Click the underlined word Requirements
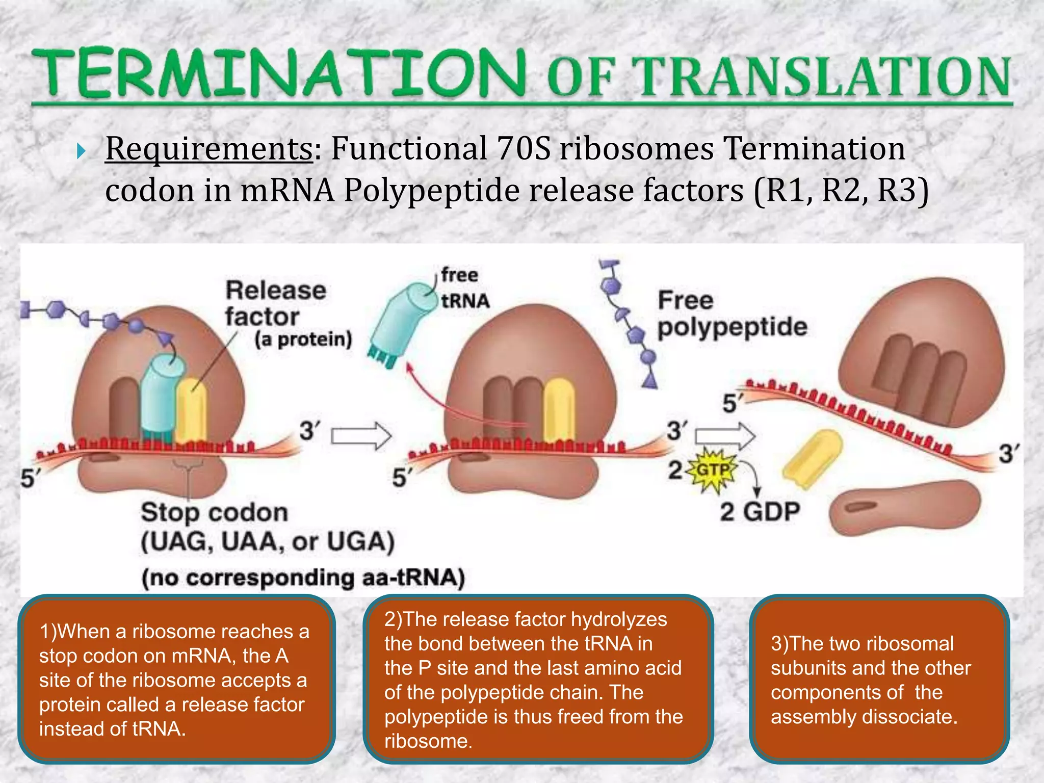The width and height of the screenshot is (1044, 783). (209, 149)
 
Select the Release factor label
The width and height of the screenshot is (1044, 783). (275, 304)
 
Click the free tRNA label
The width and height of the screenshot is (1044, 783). (464, 288)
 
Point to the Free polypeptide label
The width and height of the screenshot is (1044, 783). (732, 314)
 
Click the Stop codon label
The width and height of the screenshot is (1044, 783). (214, 512)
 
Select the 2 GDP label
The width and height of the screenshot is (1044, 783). (760, 511)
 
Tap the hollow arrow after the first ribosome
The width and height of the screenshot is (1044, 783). (361, 436)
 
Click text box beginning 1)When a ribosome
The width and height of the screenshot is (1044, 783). (176, 680)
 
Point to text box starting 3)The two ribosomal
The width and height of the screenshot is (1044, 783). (879, 680)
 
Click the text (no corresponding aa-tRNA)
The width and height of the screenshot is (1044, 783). (303, 578)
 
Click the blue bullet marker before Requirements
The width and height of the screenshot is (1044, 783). (81, 151)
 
